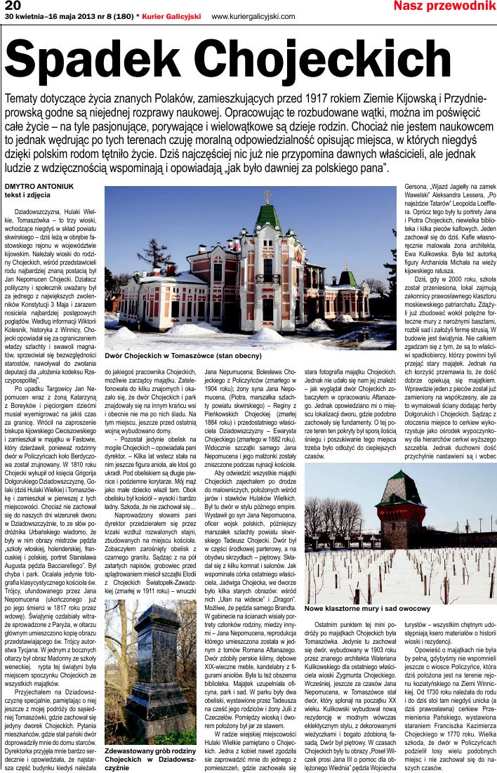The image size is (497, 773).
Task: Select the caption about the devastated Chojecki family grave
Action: point(150,760)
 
